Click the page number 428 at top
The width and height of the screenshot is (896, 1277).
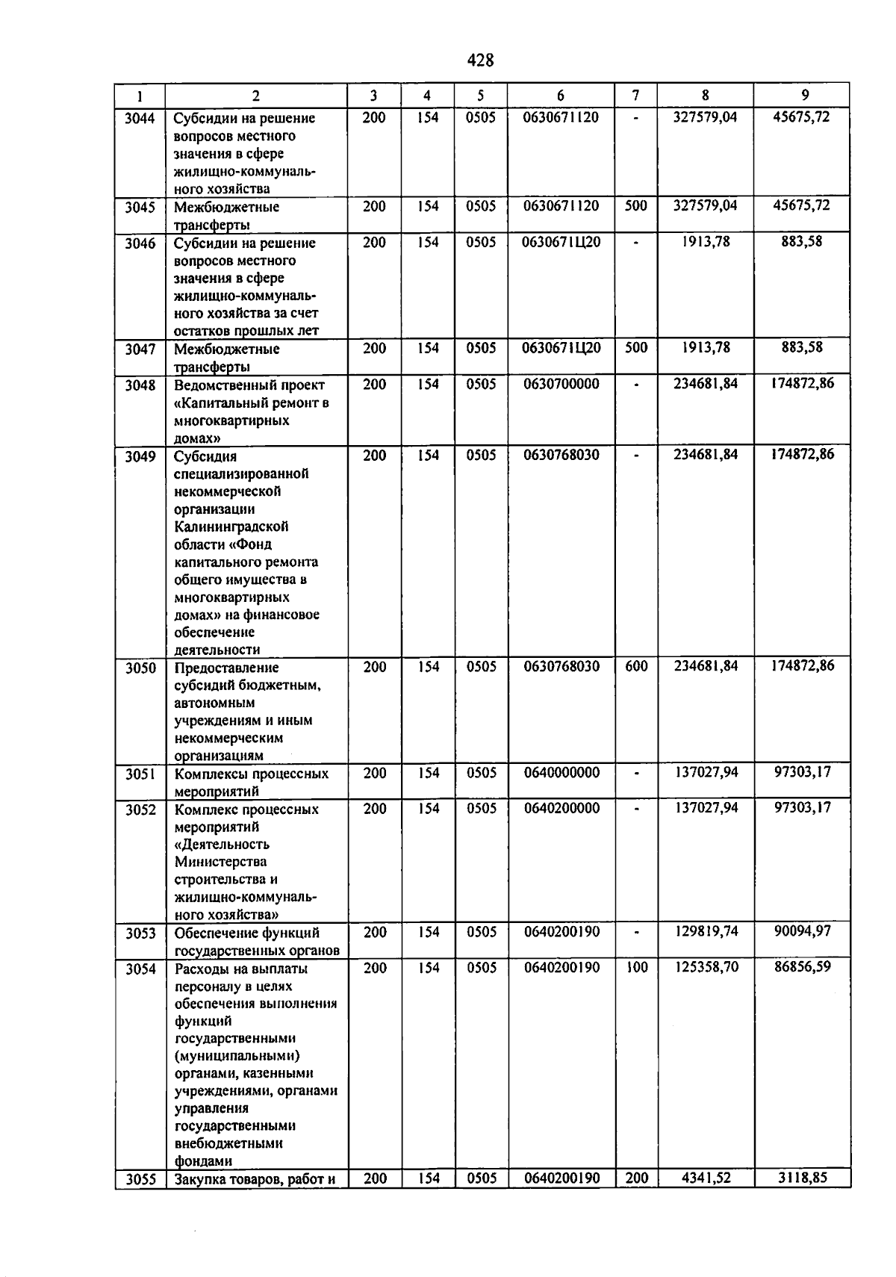(x=480, y=60)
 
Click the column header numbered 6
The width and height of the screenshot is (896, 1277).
(x=560, y=96)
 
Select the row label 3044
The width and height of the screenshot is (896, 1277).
(x=140, y=118)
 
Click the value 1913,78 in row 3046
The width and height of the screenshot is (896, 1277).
(x=706, y=242)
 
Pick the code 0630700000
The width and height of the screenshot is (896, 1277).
(x=561, y=384)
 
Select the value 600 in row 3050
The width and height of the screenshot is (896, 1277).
(x=636, y=666)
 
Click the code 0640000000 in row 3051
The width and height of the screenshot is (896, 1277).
(x=561, y=773)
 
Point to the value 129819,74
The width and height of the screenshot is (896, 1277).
(x=706, y=932)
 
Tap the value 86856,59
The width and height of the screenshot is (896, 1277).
(x=802, y=967)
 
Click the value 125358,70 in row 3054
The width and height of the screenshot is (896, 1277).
(x=706, y=968)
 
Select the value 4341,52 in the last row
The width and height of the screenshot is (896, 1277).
(x=706, y=1178)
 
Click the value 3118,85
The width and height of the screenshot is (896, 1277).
(x=802, y=1178)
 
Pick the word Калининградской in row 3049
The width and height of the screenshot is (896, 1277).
(x=231, y=527)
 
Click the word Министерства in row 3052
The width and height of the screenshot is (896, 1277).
(x=220, y=862)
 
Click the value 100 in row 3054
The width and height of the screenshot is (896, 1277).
(x=636, y=968)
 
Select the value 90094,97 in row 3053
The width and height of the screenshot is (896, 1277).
(x=802, y=932)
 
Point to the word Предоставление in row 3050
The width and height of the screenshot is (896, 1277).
(x=226, y=668)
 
